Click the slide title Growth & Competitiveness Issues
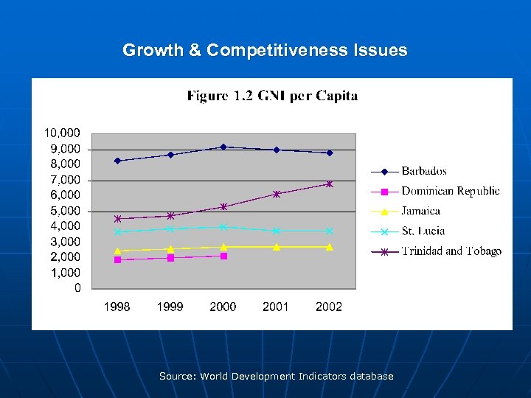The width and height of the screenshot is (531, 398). (x=265, y=50)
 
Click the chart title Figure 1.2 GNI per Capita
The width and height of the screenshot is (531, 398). (x=272, y=96)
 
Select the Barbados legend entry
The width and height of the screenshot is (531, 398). (x=423, y=171)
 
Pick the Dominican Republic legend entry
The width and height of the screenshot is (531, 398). (x=450, y=191)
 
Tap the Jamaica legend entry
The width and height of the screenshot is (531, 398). (x=420, y=211)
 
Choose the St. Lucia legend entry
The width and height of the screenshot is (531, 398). (x=423, y=231)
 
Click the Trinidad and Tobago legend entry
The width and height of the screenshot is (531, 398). (x=451, y=251)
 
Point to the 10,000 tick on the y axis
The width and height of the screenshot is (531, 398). (x=63, y=133)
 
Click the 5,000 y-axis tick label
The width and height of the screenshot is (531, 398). (x=63, y=211)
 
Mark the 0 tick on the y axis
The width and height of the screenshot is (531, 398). (x=77, y=288)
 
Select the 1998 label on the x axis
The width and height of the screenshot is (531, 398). (x=117, y=307)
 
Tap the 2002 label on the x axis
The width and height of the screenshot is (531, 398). (x=329, y=307)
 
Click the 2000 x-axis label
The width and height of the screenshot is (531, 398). (x=223, y=307)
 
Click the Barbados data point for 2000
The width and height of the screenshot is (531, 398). (x=223, y=147)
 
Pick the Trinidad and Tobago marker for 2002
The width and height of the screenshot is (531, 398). (x=330, y=184)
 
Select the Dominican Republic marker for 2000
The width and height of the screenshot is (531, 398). (x=223, y=256)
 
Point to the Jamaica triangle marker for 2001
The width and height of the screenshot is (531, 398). (x=277, y=247)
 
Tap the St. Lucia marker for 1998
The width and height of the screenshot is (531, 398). (x=117, y=232)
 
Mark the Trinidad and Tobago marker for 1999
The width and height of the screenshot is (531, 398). (x=170, y=216)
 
